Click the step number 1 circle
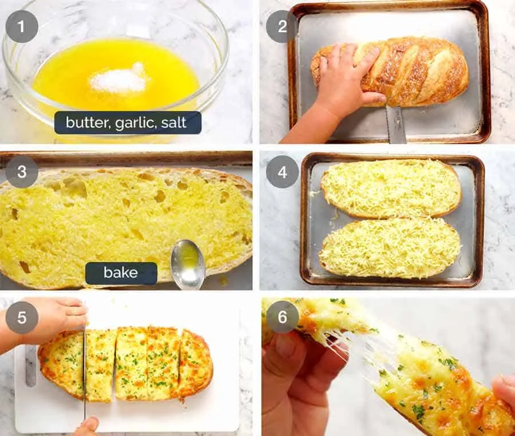point(22,26)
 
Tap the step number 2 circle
point(282,26)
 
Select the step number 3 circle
point(22,172)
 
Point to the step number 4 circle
point(282,172)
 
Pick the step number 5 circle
point(22,317)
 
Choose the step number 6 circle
point(282,317)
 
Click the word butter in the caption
point(86,123)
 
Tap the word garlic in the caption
point(133,123)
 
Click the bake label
point(121,273)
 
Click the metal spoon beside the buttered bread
point(188,264)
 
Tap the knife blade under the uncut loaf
point(395,123)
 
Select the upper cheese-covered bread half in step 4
point(391,187)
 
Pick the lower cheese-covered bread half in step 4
point(391,248)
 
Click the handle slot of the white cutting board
point(30,367)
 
